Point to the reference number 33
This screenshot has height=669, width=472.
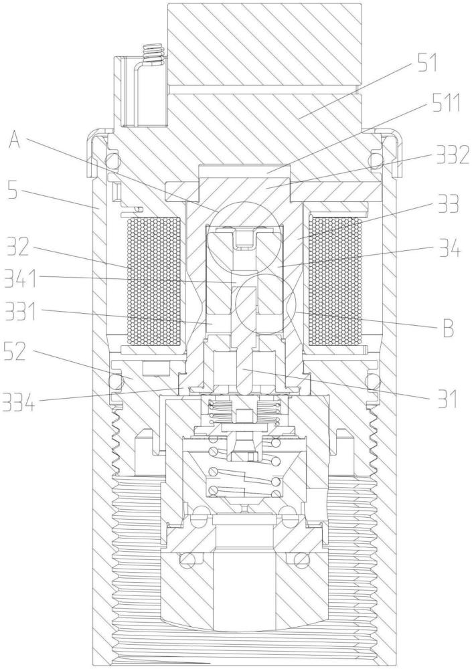click(x=446, y=204)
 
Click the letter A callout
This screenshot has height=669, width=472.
click(x=15, y=140)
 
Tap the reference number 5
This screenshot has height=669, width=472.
click(x=13, y=191)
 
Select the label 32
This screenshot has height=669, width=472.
click(x=17, y=247)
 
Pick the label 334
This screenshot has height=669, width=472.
click(x=19, y=402)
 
